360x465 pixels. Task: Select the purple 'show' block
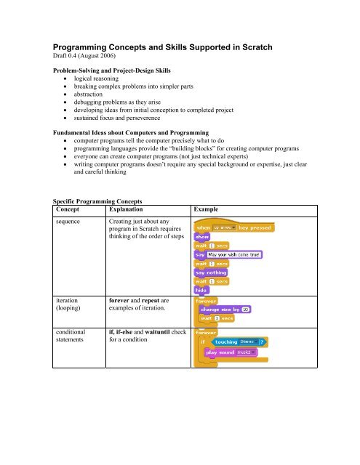tap(203, 236)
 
